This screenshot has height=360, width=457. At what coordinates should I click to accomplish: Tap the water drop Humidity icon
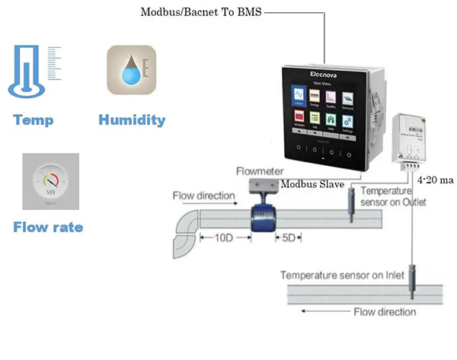[x=131, y=71]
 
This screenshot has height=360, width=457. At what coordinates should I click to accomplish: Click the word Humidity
[x=132, y=119]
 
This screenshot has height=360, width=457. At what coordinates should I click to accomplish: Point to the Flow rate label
[x=48, y=227]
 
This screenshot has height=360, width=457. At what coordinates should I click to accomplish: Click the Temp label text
[x=33, y=119]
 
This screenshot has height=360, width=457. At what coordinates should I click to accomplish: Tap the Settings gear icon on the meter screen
[x=347, y=120]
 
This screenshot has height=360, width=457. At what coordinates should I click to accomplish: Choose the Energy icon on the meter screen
[x=313, y=97]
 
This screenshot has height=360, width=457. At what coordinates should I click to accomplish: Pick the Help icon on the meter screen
[x=331, y=120]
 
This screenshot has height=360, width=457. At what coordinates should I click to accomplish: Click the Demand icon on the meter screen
[x=347, y=97]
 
